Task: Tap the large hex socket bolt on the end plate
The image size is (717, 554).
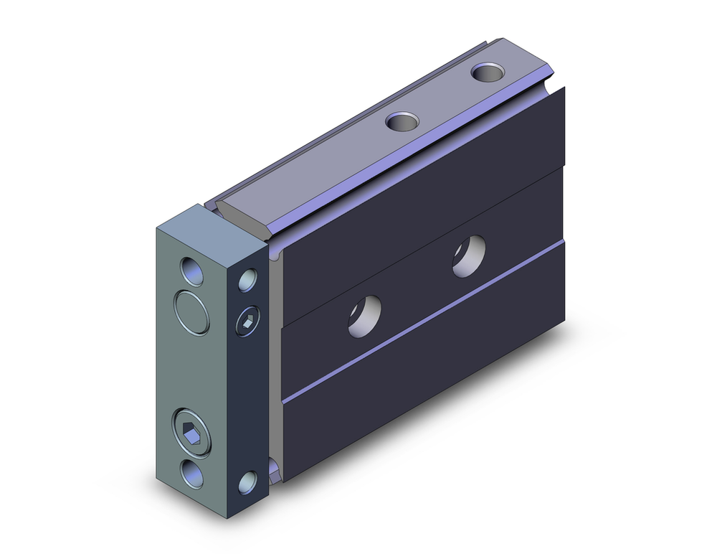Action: point(191,432)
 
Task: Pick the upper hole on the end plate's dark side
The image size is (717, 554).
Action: point(248,279)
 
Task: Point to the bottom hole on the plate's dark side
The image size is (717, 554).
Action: point(248,482)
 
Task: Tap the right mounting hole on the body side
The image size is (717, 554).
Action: point(469,255)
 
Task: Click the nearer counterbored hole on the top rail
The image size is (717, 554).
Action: point(402,121)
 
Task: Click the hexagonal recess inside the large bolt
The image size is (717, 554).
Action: point(192,432)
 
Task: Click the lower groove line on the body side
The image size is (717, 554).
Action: point(423,321)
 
